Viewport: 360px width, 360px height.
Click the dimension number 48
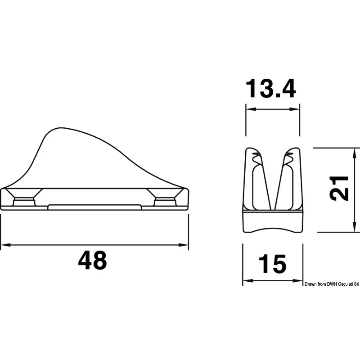(93, 260)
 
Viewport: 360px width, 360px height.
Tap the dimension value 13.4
(271, 88)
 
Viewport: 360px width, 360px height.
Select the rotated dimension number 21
(339, 188)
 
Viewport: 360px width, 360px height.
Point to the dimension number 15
(273, 264)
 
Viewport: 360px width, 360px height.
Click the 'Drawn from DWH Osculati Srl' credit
(332, 284)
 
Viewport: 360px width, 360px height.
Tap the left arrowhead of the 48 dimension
(5, 245)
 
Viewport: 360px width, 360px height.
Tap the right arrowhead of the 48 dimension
(184, 245)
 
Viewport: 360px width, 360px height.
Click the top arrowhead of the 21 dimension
(355, 153)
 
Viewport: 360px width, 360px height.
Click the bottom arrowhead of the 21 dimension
(355, 227)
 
